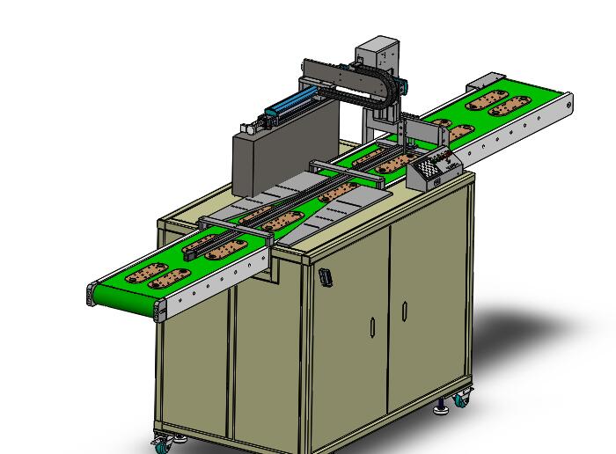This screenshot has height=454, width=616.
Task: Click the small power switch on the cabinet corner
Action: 325,277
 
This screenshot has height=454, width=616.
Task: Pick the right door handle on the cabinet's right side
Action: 404,311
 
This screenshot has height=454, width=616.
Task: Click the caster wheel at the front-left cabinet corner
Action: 161,443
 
